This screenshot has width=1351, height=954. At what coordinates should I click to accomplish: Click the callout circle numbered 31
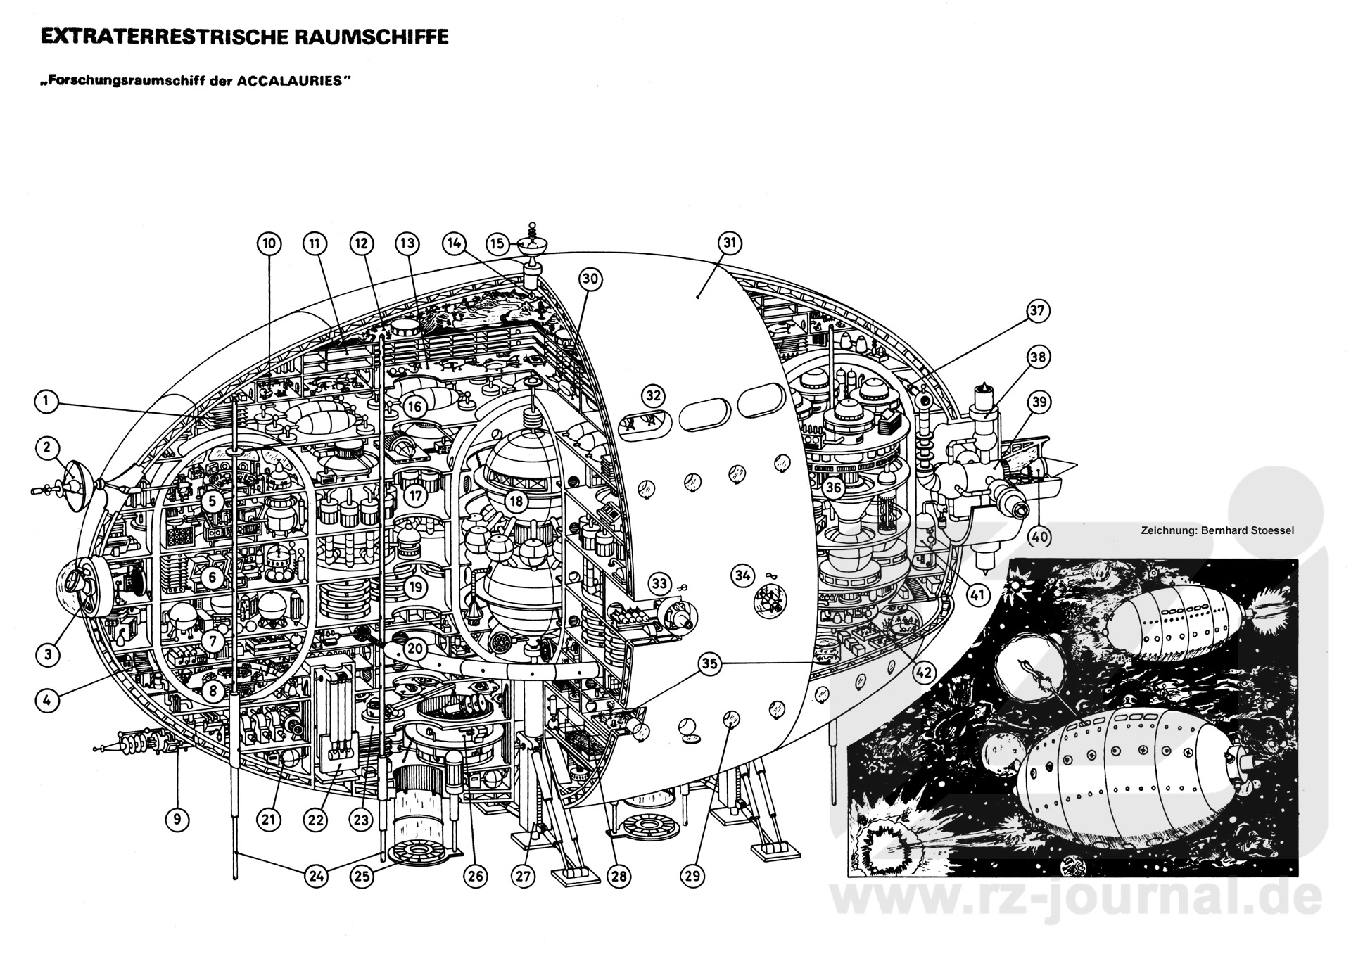tap(730, 243)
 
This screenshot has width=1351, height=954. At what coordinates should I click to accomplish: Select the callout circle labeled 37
tap(1038, 310)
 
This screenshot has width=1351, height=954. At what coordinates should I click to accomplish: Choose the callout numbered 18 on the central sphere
tap(516, 502)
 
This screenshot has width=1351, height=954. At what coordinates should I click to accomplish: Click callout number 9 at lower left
tap(177, 819)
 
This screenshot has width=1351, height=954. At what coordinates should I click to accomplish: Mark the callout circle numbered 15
tap(497, 243)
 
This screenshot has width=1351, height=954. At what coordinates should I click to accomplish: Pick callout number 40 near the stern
tap(1039, 537)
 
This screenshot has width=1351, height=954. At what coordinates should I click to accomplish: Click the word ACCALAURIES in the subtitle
tap(293, 80)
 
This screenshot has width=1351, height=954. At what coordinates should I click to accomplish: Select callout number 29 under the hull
tap(692, 876)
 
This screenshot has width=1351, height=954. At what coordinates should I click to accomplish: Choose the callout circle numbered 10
tap(268, 244)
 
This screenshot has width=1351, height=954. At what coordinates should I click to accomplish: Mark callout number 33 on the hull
tap(659, 583)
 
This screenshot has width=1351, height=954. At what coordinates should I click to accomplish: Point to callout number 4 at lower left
tap(46, 700)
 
